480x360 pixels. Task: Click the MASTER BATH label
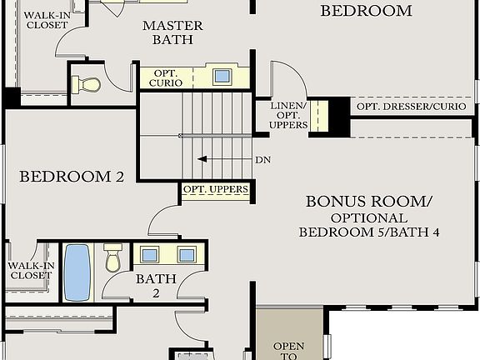[x=172, y=32]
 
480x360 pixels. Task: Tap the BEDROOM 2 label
[x=72, y=177]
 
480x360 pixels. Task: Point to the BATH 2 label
[x=156, y=286]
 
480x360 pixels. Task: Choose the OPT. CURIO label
[x=169, y=77]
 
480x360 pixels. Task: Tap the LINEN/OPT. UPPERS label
[x=288, y=116]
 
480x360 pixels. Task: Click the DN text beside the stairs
[x=262, y=160]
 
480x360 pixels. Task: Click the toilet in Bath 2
[x=113, y=260]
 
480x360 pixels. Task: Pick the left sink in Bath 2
[x=151, y=255]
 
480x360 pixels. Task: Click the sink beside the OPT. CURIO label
[x=222, y=77]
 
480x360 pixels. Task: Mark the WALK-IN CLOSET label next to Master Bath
[x=47, y=21]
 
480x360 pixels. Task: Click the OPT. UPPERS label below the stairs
[x=215, y=190]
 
